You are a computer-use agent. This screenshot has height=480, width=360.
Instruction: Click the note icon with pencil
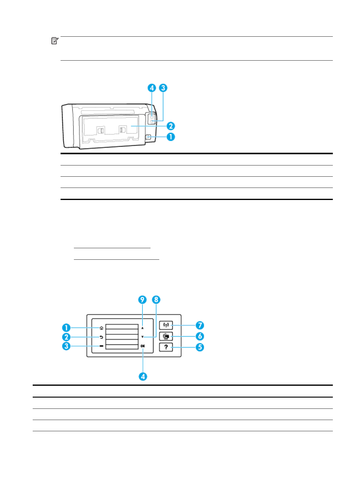(55, 41)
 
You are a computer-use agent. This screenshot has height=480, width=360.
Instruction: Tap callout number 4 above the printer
(152, 88)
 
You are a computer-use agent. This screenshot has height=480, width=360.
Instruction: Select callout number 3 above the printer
(163, 88)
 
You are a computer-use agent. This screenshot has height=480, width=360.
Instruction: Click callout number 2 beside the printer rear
(171, 126)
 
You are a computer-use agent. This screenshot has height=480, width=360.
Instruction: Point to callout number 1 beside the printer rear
(171, 137)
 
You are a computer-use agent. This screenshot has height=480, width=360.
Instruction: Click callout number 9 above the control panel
(142, 300)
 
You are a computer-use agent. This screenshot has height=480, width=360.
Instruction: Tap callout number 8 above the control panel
(156, 300)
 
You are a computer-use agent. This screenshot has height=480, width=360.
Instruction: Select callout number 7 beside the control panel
(200, 325)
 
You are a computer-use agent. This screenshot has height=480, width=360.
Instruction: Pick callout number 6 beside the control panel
(200, 336)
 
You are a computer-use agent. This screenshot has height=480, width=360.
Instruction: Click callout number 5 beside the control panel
(200, 347)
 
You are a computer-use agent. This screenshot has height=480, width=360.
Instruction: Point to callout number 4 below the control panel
(143, 377)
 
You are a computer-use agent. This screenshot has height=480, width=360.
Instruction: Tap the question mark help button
(166, 347)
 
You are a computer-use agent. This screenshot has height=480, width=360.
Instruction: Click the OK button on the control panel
(143, 346)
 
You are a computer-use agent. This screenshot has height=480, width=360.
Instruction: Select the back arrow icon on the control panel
(101, 337)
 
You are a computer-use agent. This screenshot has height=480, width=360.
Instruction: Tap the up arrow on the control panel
(142, 328)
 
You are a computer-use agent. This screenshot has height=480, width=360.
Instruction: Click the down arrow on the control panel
(142, 337)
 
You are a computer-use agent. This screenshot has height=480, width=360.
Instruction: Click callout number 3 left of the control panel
(66, 346)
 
